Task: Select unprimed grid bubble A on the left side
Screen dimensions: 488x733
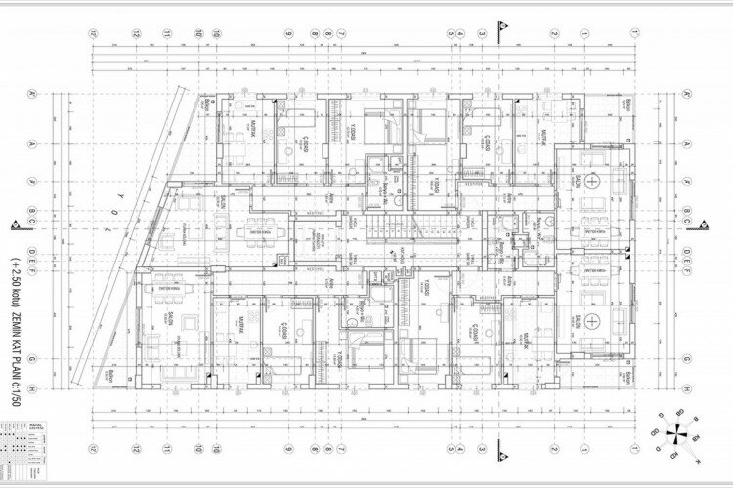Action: tap(31, 142)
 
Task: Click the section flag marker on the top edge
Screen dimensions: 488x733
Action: tap(504, 29)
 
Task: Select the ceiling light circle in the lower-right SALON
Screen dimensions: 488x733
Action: tap(592, 321)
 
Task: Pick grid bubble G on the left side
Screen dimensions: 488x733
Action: tap(31, 358)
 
